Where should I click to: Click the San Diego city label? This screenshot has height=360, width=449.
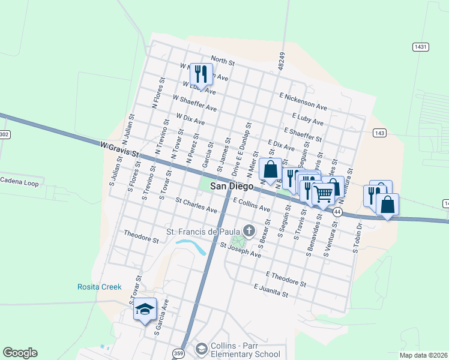click(227, 187)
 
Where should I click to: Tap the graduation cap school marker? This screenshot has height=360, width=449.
click(145, 310)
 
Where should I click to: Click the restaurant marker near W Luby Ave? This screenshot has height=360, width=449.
click(200, 74)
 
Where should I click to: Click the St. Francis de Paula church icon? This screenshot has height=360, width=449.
click(249, 230)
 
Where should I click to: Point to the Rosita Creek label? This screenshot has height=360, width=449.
click(99, 287)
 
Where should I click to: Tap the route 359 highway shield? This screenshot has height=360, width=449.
click(178, 352)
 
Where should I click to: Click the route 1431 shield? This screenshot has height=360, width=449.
click(420, 46)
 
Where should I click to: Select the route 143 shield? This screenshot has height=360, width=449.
click(379, 133)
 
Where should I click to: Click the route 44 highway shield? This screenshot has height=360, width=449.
click(338, 212)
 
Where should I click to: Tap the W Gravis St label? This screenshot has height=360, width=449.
click(119, 146)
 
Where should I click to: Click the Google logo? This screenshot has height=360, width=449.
click(20, 353)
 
